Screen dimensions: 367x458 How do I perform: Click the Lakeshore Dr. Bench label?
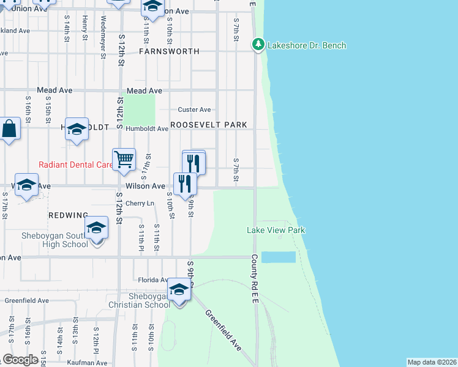pyautogui.click(x=306, y=45)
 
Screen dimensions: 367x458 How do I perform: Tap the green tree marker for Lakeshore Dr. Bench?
pyautogui.click(x=258, y=45)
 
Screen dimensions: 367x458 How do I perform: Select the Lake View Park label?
pyautogui.click(x=276, y=230)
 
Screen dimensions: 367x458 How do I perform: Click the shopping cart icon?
pyautogui.click(x=124, y=160)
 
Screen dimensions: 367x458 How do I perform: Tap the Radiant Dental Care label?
pyautogui.click(x=75, y=165)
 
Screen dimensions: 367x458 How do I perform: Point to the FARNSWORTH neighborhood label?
pyautogui.click(x=169, y=51)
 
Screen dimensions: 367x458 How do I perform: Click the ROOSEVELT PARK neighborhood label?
pyautogui.click(x=209, y=125)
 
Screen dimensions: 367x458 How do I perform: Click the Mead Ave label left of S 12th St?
pyautogui.click(x=54, y=90)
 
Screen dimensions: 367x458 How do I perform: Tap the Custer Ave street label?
pyautogui.click(x=194, y=109)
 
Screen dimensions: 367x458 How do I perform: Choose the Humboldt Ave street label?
pyautogui.click(x=147, y=129)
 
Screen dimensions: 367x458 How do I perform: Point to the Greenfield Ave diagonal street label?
pyautogui.click(x=223, y=330)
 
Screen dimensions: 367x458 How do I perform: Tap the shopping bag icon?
pyautogui.click(x=9, y=130)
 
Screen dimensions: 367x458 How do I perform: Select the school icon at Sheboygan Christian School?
pyautogui.click(x=179, y=289)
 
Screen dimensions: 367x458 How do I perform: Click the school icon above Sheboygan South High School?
pyautogui.click(x=96, y=228)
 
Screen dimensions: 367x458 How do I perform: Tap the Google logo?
pyautogui.click(x=20, y=360)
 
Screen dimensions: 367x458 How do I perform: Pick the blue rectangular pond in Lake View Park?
pyautogui.click(x=279, y=257)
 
